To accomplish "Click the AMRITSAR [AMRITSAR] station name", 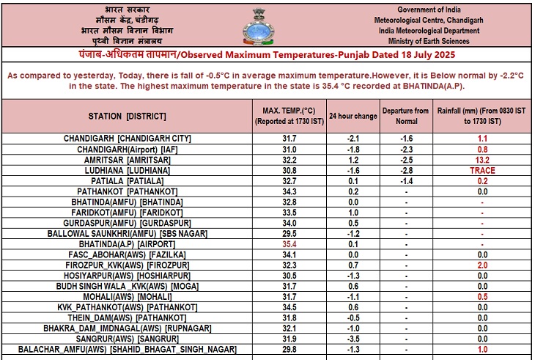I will (127, 159).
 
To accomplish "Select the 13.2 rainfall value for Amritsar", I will (481, 159).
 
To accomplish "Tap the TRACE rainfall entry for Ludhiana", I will (481, 170).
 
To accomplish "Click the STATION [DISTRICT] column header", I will (127, 116).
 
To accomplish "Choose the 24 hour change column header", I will (353, 116).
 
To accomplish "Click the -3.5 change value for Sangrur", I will (353, 339).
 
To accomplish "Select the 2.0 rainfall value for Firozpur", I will (481, 265).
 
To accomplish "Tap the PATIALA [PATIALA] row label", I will (127, 180).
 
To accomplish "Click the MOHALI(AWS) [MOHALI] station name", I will (127, 296).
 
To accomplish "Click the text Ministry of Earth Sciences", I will (435, 41).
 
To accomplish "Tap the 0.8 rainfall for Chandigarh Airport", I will (481, 149).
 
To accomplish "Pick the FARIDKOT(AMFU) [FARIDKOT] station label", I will (127, 212).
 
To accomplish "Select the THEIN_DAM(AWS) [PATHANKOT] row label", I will (127, 317).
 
